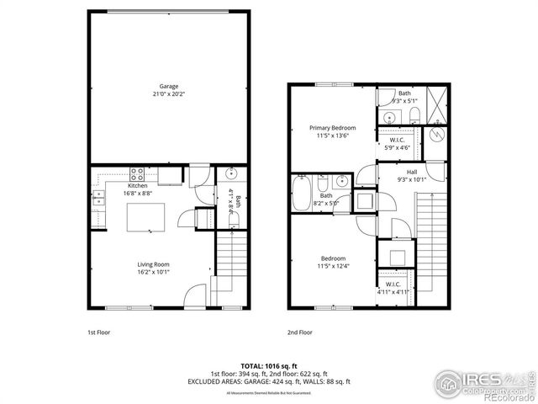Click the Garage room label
coord(169,86)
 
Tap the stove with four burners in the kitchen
coord(139,175)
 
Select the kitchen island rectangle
coord(145,216)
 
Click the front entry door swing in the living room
coord(194,295)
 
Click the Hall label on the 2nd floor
coord(411,172)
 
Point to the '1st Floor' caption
coord(100,332)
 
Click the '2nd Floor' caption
coord(300,332)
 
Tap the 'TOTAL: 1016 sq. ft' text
coord(268,366)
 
